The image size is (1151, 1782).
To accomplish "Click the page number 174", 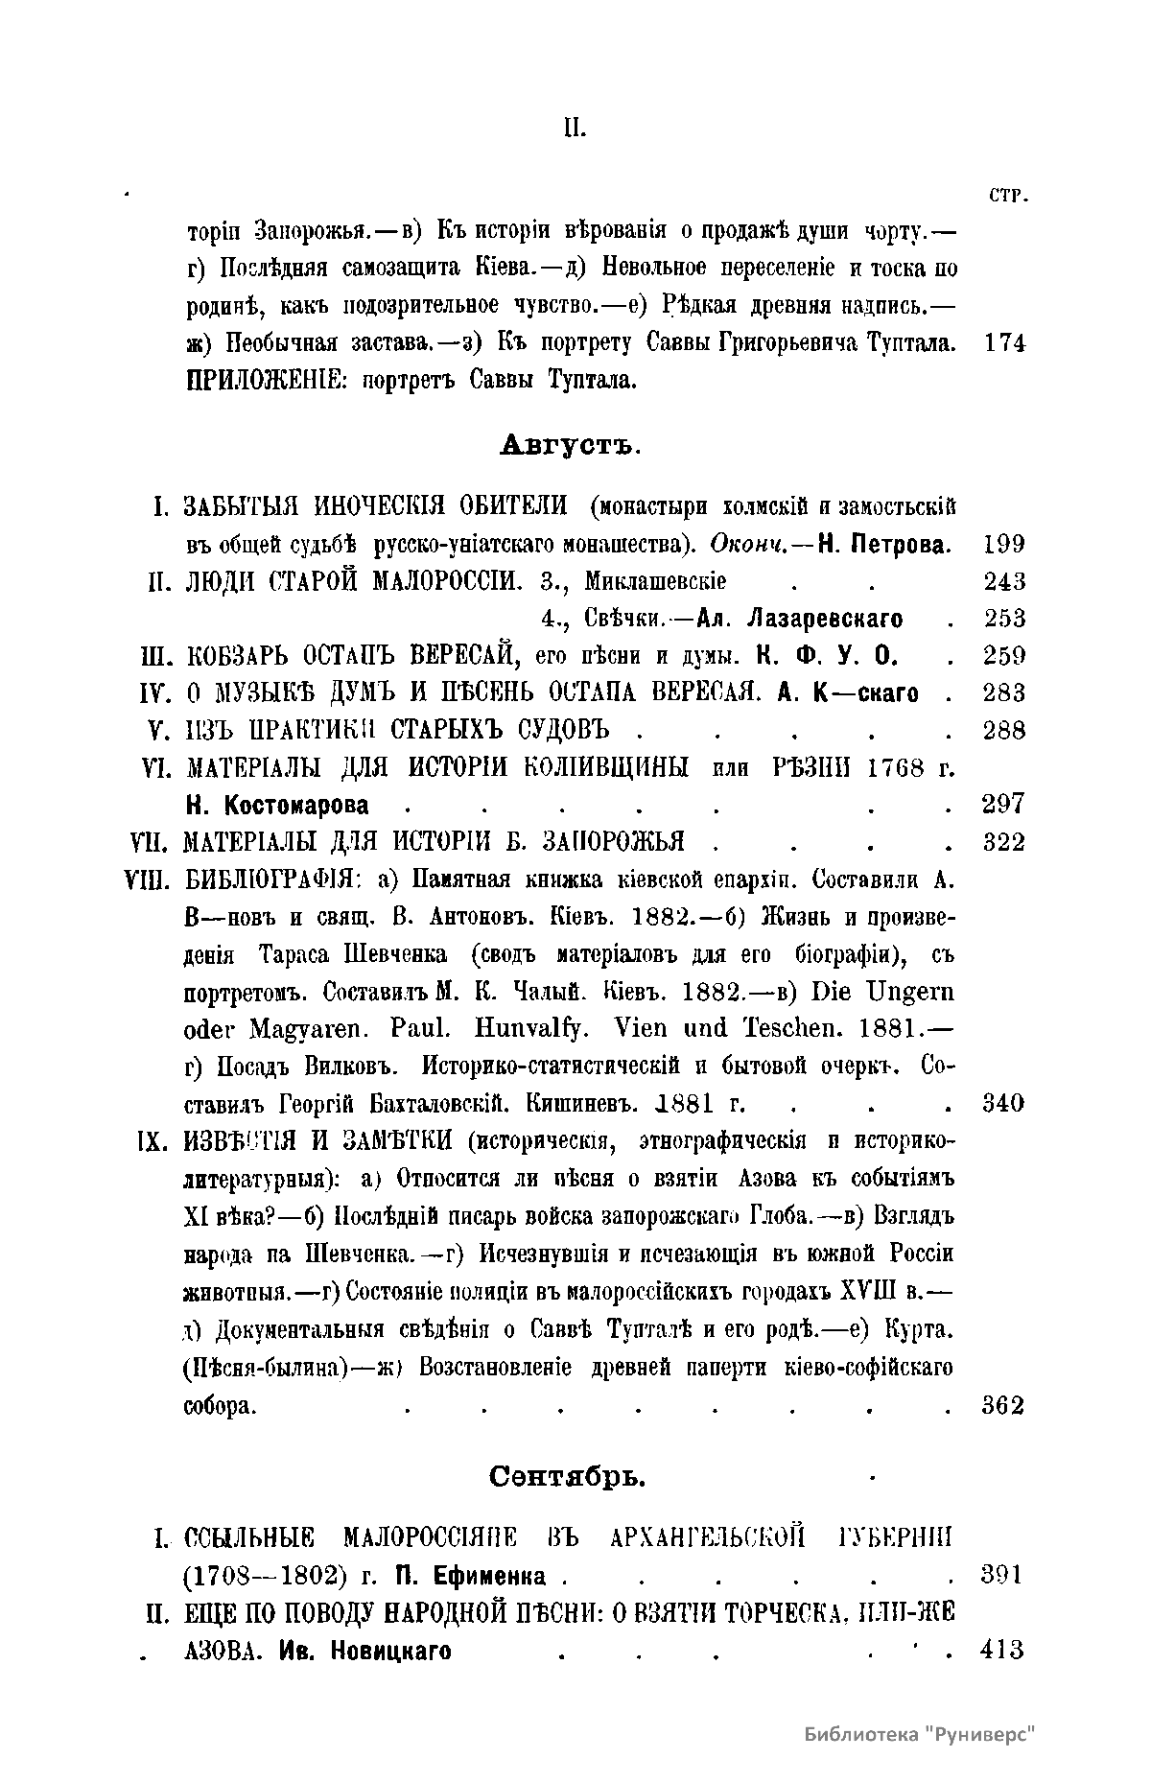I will [x=1005, y=342].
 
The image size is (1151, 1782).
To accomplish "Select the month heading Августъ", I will [x=570, y=445].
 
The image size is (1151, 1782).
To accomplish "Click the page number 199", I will [x=1004, y=545].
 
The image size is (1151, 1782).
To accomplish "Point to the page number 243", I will [x=1004, y=581].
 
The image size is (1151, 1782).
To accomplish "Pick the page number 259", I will [x=1004, y=656].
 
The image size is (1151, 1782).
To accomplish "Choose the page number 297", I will [x=1004, y=804].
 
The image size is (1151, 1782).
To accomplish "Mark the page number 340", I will [x=1004, y=1103].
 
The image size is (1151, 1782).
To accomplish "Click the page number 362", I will [x=1004, y=1406].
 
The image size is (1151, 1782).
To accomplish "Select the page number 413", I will [x=1004, y=1650].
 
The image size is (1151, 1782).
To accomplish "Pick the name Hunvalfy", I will [x=526, y=1028].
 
